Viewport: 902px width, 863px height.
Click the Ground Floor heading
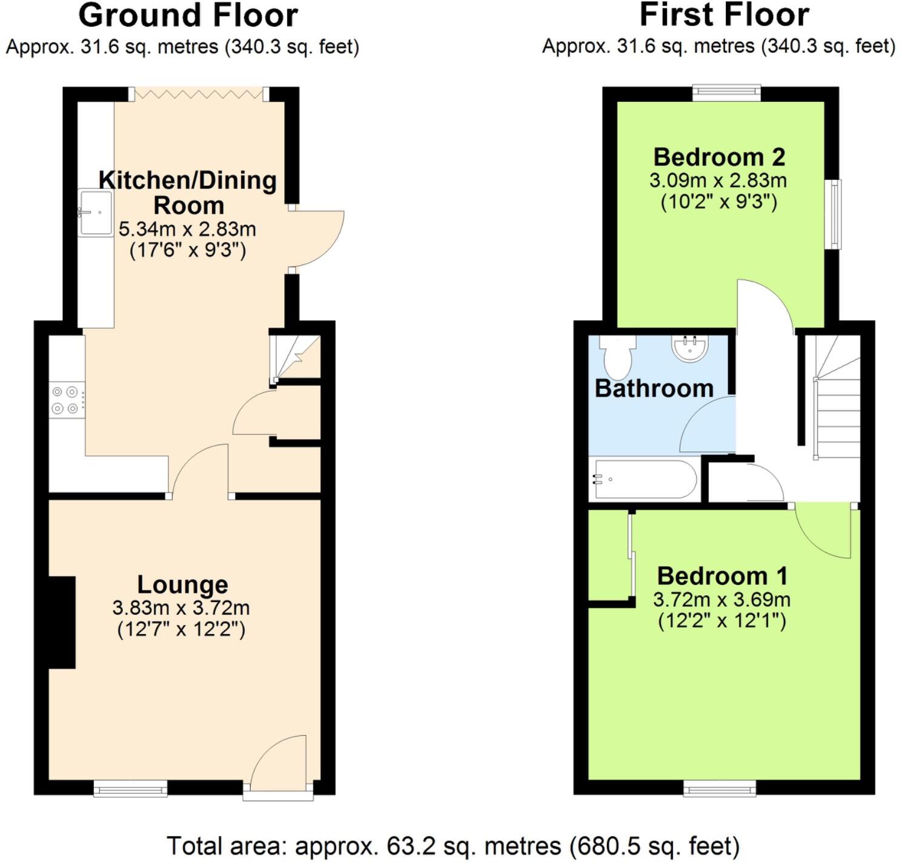(188, 16)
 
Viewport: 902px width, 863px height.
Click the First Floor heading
(724, 16)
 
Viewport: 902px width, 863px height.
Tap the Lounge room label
(182, 584)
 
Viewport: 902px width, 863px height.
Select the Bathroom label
(654, 388)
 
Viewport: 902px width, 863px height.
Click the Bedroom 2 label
(718, 157)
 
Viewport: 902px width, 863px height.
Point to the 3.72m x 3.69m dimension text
(721, 600)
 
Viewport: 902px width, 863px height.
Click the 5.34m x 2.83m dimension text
(187, 230)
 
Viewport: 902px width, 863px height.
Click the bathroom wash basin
(690, 348)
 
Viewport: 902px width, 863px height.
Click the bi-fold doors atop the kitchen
(199, 93)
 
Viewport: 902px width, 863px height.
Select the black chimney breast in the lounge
(62, 623)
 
